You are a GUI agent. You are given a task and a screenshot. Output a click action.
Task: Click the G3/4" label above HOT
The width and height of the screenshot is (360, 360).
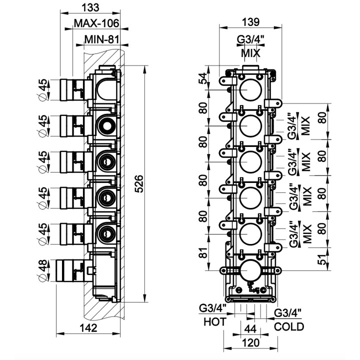pyautogui.click(x=213, y=307)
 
